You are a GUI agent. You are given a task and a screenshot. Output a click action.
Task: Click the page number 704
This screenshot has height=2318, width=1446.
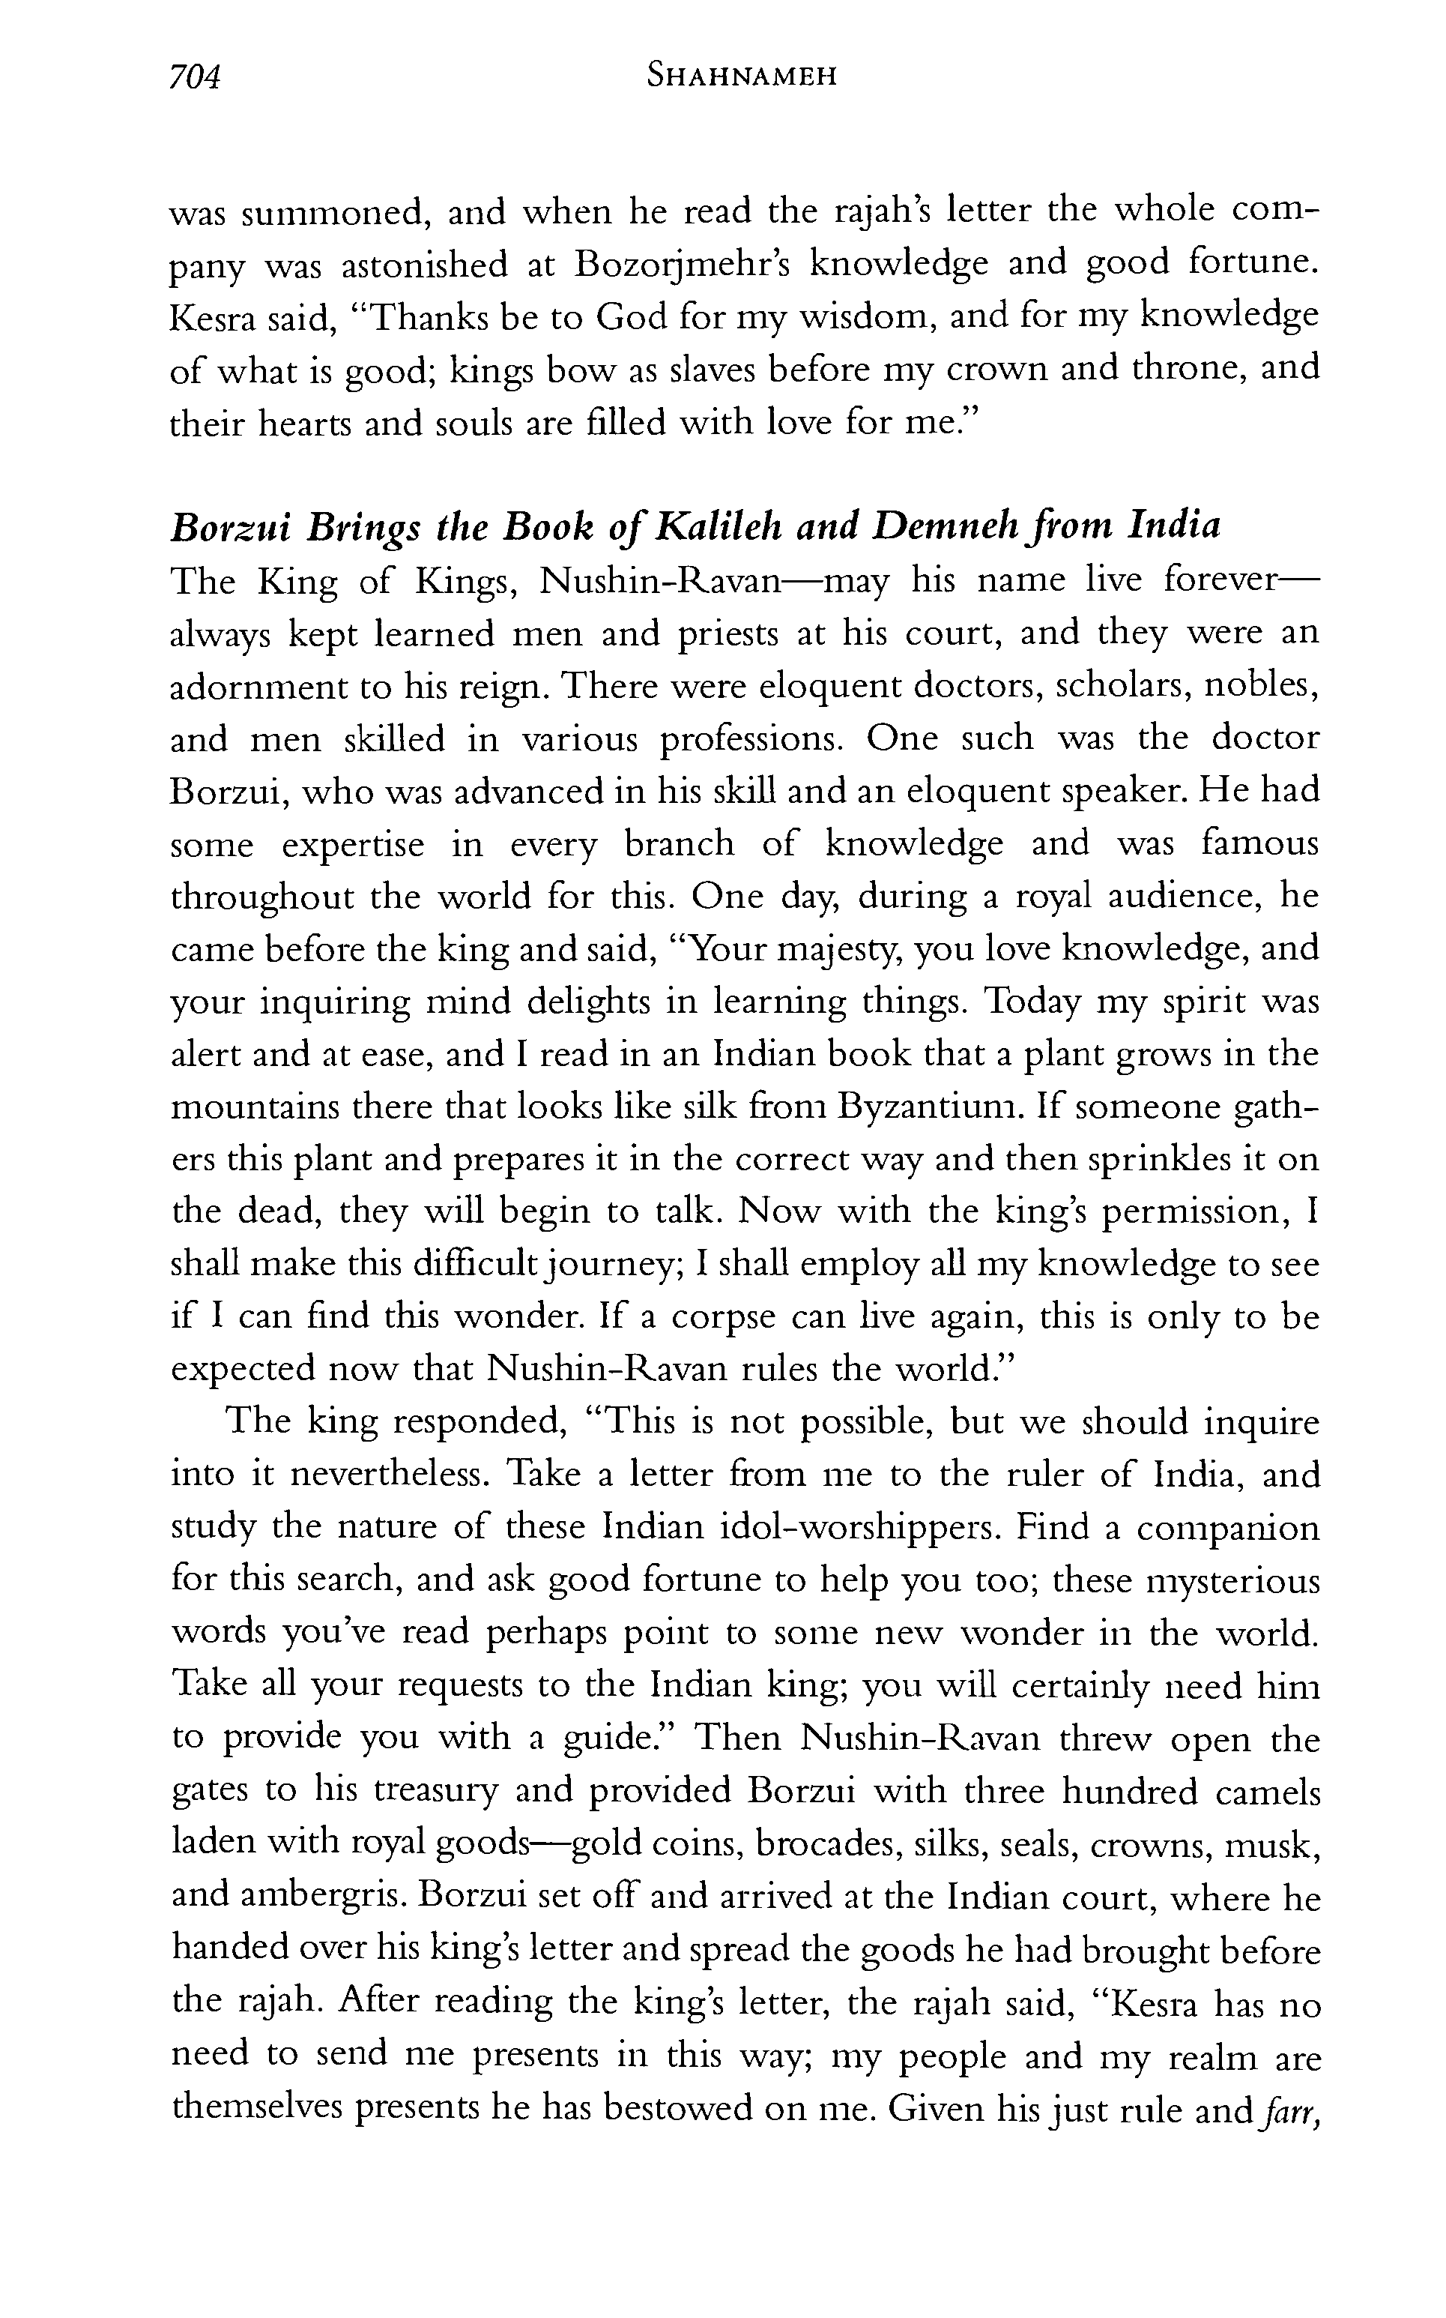(195, 76)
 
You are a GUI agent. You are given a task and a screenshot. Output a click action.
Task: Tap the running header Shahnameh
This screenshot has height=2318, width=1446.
(741, 76)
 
